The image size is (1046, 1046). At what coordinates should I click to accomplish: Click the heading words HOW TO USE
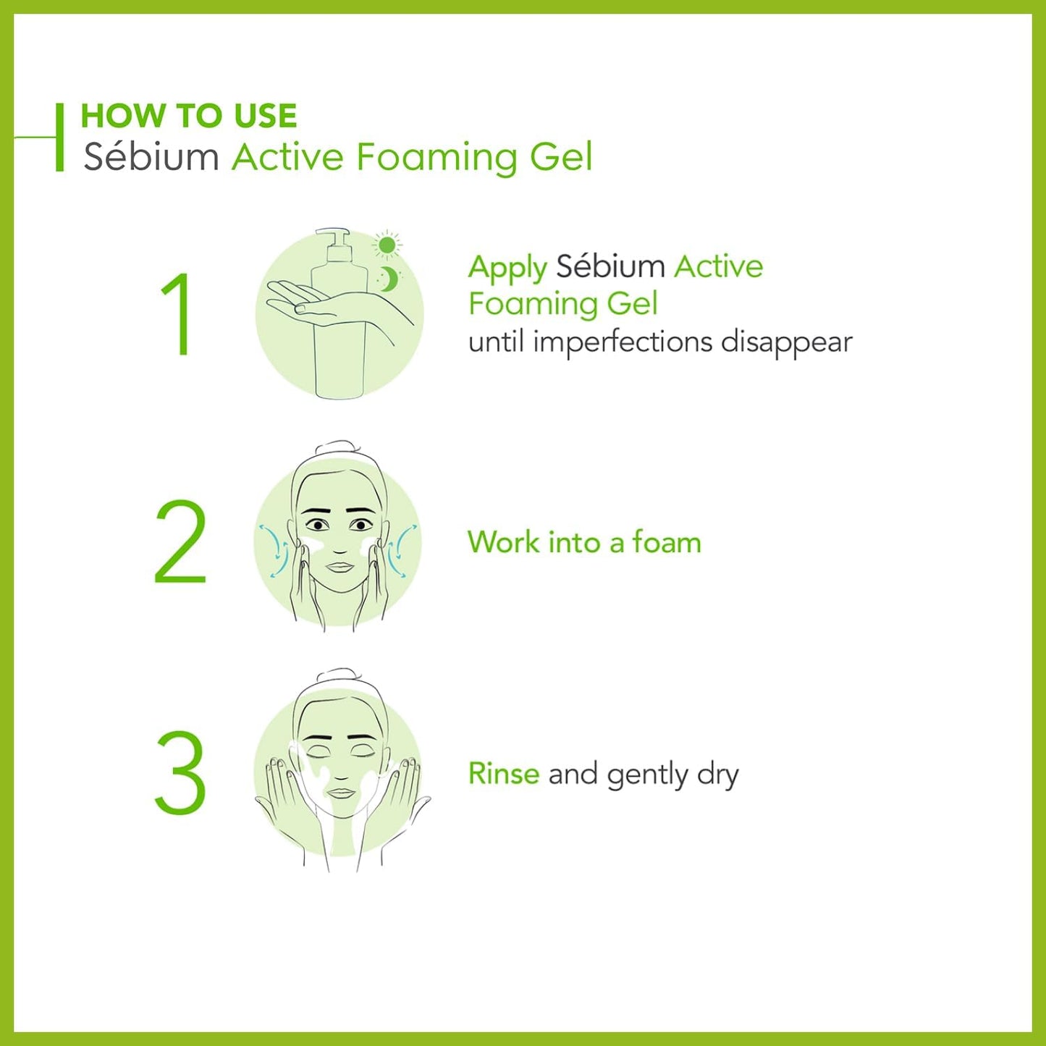[x=188, y=116]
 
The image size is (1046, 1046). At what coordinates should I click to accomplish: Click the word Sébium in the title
[x=151, y=157]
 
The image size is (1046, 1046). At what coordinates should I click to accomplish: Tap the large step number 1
[x=177, y=315]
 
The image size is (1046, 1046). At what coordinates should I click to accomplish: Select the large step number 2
[x=180, y=542]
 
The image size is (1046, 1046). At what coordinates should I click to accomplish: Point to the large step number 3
[x=180, y=772]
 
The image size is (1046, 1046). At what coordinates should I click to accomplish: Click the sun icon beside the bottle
[x=387, y=245]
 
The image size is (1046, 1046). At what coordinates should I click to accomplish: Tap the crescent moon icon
[x=389, y=279]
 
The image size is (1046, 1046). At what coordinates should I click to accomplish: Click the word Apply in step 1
[x=507, y=268]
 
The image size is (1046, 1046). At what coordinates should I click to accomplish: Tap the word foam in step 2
[x=667, y=542]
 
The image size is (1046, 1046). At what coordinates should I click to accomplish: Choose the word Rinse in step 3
[x=503, y=774]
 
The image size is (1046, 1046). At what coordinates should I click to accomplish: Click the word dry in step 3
[x=717, y=775]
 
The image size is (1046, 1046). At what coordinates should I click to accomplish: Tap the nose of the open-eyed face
[x=339, y=545]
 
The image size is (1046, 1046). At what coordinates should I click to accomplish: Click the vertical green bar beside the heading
[x=59, y=138]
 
